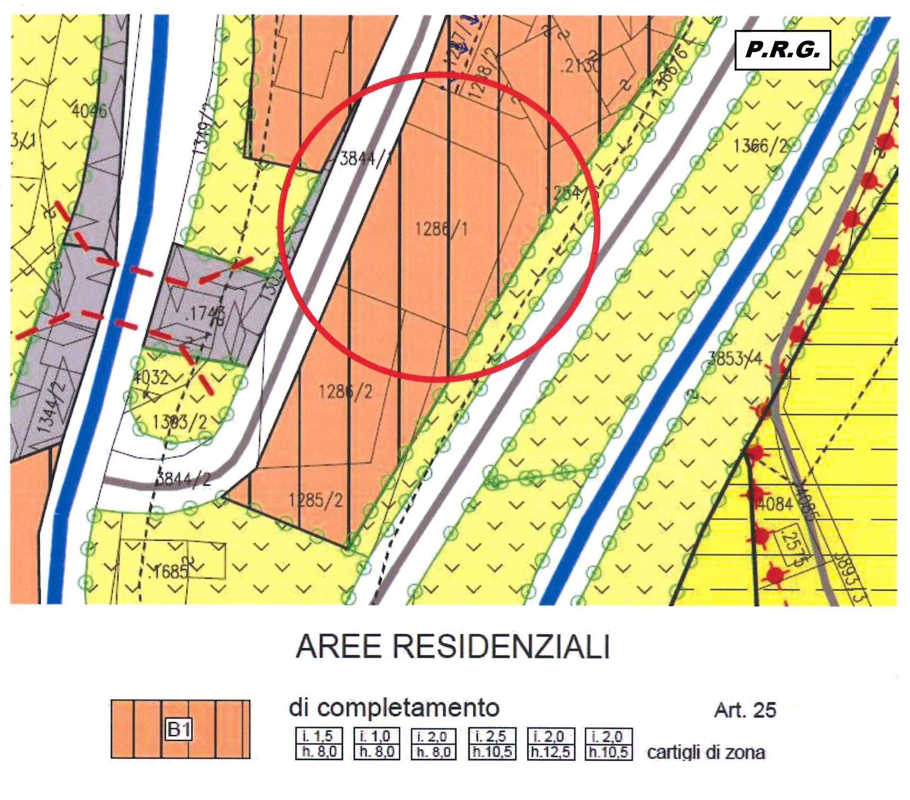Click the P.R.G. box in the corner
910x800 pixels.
pyautogui.click(x=783, y=50)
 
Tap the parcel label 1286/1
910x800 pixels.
pyautogui.click(x=441, y=229)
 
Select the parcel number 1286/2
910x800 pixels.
pyautogui.click(x=346, y=392)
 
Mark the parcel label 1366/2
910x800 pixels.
pyautogui.click(x=759, y=145)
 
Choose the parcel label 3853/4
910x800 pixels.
pyautogui.click(x=734, y=359)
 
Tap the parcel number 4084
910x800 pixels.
pyautogui.click(x=774, y=503)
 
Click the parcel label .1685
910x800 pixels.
pyautogui.click(x=168, y=572)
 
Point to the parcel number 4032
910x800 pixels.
pyautogui.click(x=151, y=378)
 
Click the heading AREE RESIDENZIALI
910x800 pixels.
pyautogui.click(x=453, y=647)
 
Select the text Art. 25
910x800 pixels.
pyautogui.click(x=745, y=710)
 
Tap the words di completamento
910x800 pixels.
pyautogui.click(x=394, y=708)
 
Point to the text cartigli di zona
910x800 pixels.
pyautogui.click(x=706, y=752)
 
